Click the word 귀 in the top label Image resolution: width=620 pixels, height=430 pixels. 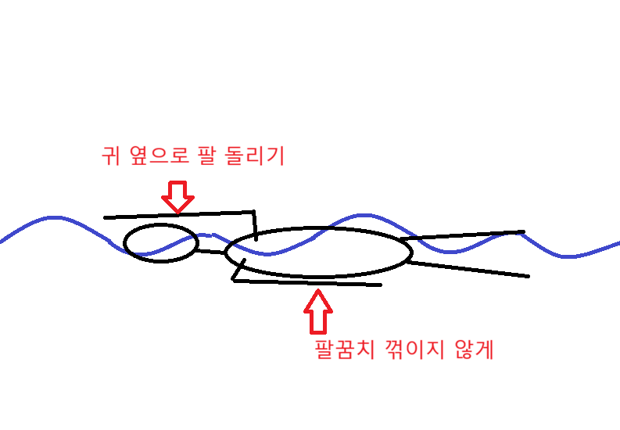point(110,156)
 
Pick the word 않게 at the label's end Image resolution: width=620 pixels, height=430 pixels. point(474,349)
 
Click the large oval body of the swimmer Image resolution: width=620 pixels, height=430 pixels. point(318,253)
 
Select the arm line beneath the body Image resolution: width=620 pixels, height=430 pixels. point(313,282)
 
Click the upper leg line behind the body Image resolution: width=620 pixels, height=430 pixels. point(461,235)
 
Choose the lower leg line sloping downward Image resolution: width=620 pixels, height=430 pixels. point(469,269)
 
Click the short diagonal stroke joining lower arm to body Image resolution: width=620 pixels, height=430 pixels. point(238,270)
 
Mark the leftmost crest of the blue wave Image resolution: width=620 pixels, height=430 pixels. point(51,217)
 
